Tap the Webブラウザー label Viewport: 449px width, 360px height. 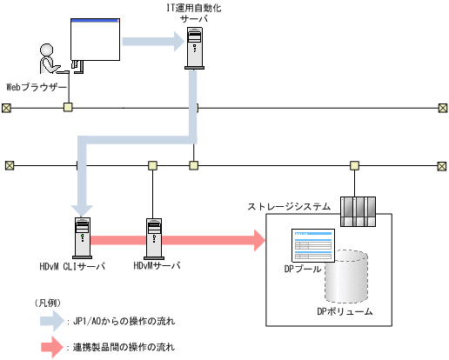(37, 87)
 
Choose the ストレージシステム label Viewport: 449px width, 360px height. (289, 206)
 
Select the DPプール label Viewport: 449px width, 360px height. (303, 270)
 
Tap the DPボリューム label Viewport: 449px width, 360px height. (345, 310)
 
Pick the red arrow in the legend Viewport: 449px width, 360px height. (51, 347)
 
